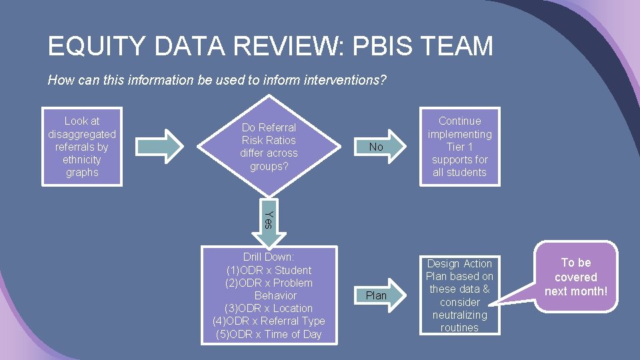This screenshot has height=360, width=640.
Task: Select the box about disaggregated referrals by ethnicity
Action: [82, 147]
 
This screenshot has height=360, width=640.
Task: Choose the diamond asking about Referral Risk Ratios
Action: [269, 147]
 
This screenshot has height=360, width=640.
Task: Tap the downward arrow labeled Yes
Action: [268, 220]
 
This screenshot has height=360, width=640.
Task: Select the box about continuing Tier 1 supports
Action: [459, 147]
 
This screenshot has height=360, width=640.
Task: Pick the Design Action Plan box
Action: [459, 295]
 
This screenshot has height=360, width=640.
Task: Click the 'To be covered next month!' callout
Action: [576, 277]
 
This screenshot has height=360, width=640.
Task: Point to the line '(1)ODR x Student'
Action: [269, 270]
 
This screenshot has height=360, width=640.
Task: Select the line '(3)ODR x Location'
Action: [269, 308]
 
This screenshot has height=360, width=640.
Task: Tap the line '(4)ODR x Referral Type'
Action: [269, 321]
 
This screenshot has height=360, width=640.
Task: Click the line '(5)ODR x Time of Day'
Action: [269, 334]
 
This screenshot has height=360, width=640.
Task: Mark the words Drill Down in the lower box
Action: [269, 257]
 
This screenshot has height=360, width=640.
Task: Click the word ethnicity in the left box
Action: [82, 160]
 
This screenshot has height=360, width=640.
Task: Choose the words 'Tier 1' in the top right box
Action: [459, 147]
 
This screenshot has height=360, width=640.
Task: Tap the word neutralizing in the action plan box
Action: [459, 315]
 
